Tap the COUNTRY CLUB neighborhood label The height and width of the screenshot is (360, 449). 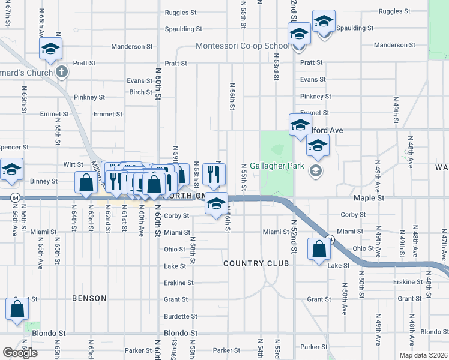[256, 263]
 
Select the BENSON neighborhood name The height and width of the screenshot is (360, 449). [89, 298]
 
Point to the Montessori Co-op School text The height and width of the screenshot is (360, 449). [243, 46]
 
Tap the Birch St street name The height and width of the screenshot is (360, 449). [140, 92]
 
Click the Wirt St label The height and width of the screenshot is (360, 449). [73, 163]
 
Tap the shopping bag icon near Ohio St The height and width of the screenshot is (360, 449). [319, 248]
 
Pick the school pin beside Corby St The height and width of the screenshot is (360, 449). [217, 205]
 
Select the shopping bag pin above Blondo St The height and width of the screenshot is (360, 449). [17, 309]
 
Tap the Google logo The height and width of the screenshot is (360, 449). [20, 352]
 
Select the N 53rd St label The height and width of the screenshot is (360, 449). [276, 64]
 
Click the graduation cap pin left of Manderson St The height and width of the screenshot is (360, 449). [51, 48]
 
